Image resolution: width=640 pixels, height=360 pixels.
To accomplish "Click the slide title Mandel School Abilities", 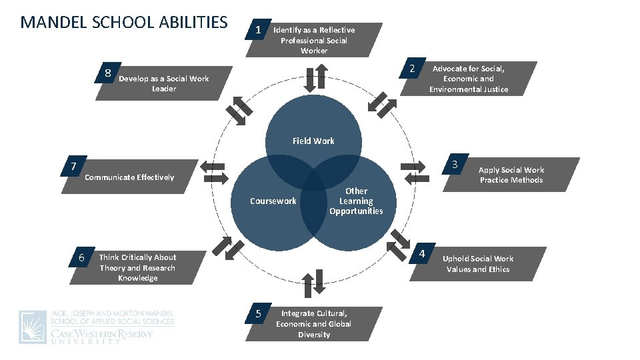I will click(x=124, y=22).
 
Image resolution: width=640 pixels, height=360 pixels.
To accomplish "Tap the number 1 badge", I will click(x=258, y=31).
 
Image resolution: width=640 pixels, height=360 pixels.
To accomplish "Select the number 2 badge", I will click(x=412, y=69).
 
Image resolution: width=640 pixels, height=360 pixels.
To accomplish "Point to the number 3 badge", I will click(x=454, y=165).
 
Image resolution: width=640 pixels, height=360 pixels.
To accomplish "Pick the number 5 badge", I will click(x=258, y=313).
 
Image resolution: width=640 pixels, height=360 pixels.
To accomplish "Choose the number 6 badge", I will click(x=81, y=258).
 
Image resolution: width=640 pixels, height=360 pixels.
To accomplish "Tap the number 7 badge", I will click(x=74, y=166).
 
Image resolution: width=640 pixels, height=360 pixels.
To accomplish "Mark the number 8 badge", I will click(x=107, y=73).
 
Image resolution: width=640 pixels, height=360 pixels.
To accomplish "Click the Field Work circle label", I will click(x=313, y=141).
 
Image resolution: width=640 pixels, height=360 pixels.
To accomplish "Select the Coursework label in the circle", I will click(x=273, y=201).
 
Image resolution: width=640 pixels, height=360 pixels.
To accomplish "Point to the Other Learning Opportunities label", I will click(x=356, y=201).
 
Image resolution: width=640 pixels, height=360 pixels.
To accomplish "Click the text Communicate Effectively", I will click(x=129, y=177).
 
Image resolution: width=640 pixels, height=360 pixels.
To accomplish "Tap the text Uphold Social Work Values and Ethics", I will click(x=478, y=264).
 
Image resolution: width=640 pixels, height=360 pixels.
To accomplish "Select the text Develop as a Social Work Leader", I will click(x=163, y=83).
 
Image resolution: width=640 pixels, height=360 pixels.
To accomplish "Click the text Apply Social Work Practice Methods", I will click(x=511, y=175).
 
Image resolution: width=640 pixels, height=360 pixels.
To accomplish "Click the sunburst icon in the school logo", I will click(x=33, y=327).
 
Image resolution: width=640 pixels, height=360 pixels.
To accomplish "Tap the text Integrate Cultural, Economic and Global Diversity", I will click(x=313, y=323).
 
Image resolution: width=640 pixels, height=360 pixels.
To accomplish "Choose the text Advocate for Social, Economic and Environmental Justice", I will click(x=468, y=79).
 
